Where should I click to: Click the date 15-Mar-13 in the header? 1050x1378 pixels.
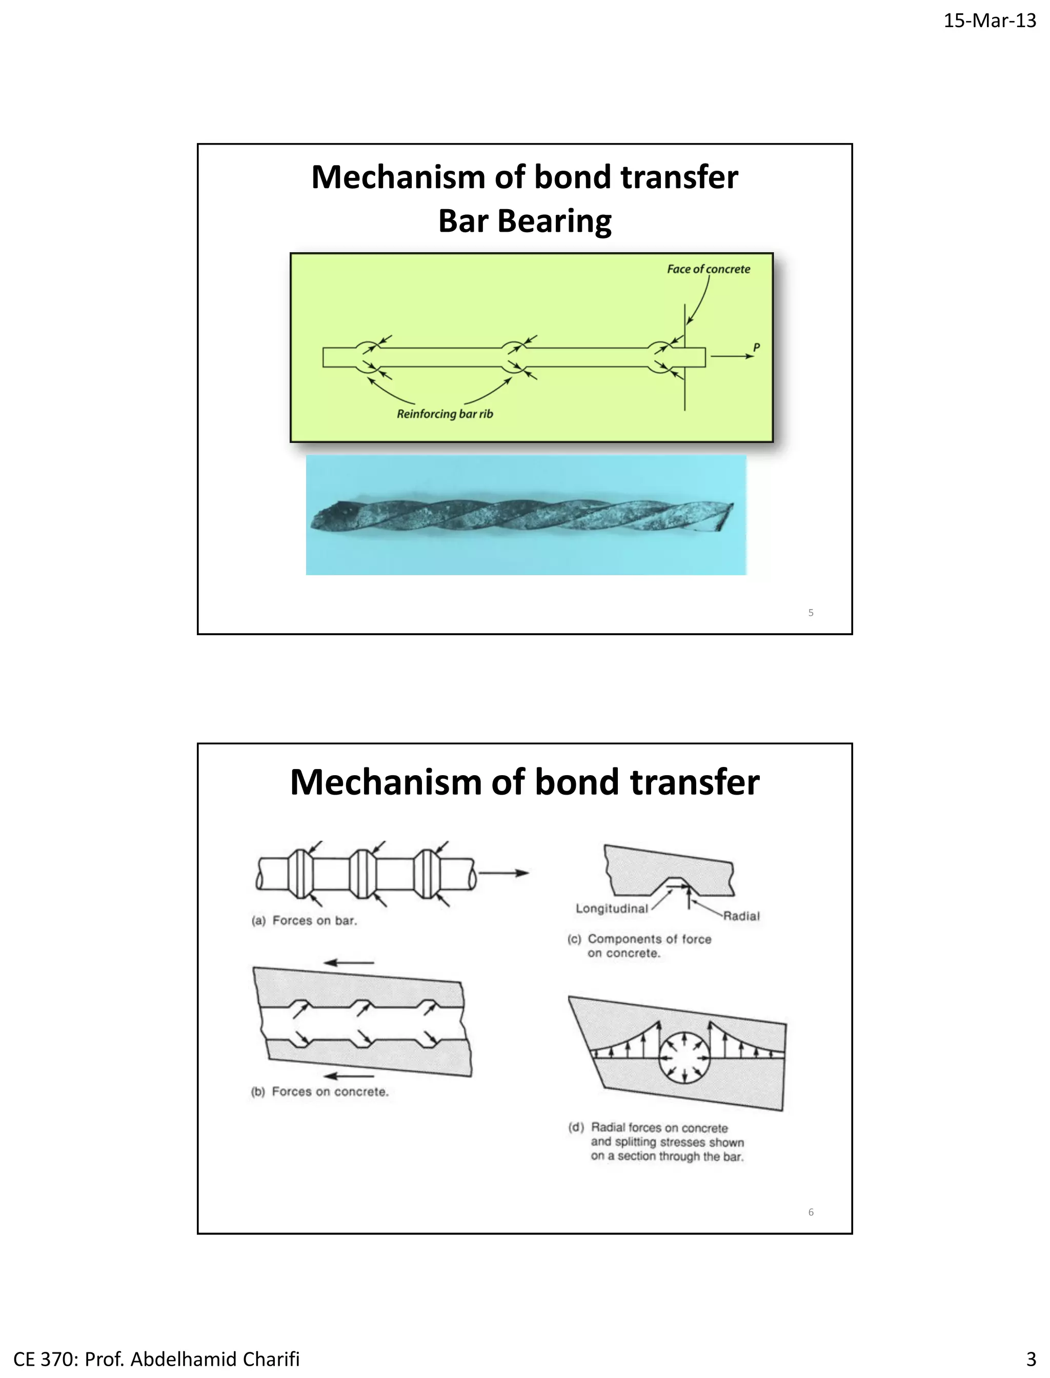tap(990, 21)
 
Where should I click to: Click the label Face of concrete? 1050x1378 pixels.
tap(708, 269)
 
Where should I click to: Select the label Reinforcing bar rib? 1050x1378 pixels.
tap(445, 414)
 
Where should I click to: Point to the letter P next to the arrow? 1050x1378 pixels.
tap(756, 348)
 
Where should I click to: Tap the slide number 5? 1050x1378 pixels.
tap(811, 613)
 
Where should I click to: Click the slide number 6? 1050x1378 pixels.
tap(811, 1212)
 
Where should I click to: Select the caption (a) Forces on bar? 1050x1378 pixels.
tap(305, 921)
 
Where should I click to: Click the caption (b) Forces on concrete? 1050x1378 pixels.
tap(319, 1092)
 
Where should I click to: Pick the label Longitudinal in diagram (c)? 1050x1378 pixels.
tap(611, 908)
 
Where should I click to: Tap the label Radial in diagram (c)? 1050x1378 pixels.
tap(741, 916)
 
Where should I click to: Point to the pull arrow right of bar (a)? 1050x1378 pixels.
tap(503, 873)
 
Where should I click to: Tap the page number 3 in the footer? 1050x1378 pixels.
tap(1031, 1359)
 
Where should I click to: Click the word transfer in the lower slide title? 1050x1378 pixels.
tap(694, 782)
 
